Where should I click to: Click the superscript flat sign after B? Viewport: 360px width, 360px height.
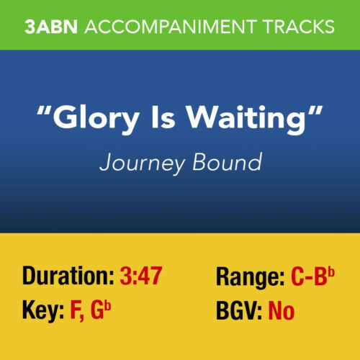pos(332,269)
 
